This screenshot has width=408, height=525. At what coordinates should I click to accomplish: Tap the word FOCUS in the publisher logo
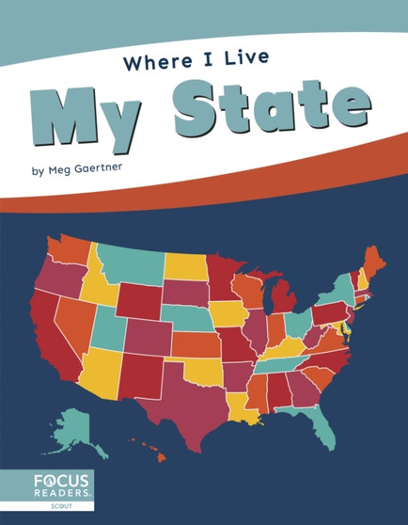(x=57, y=480)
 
